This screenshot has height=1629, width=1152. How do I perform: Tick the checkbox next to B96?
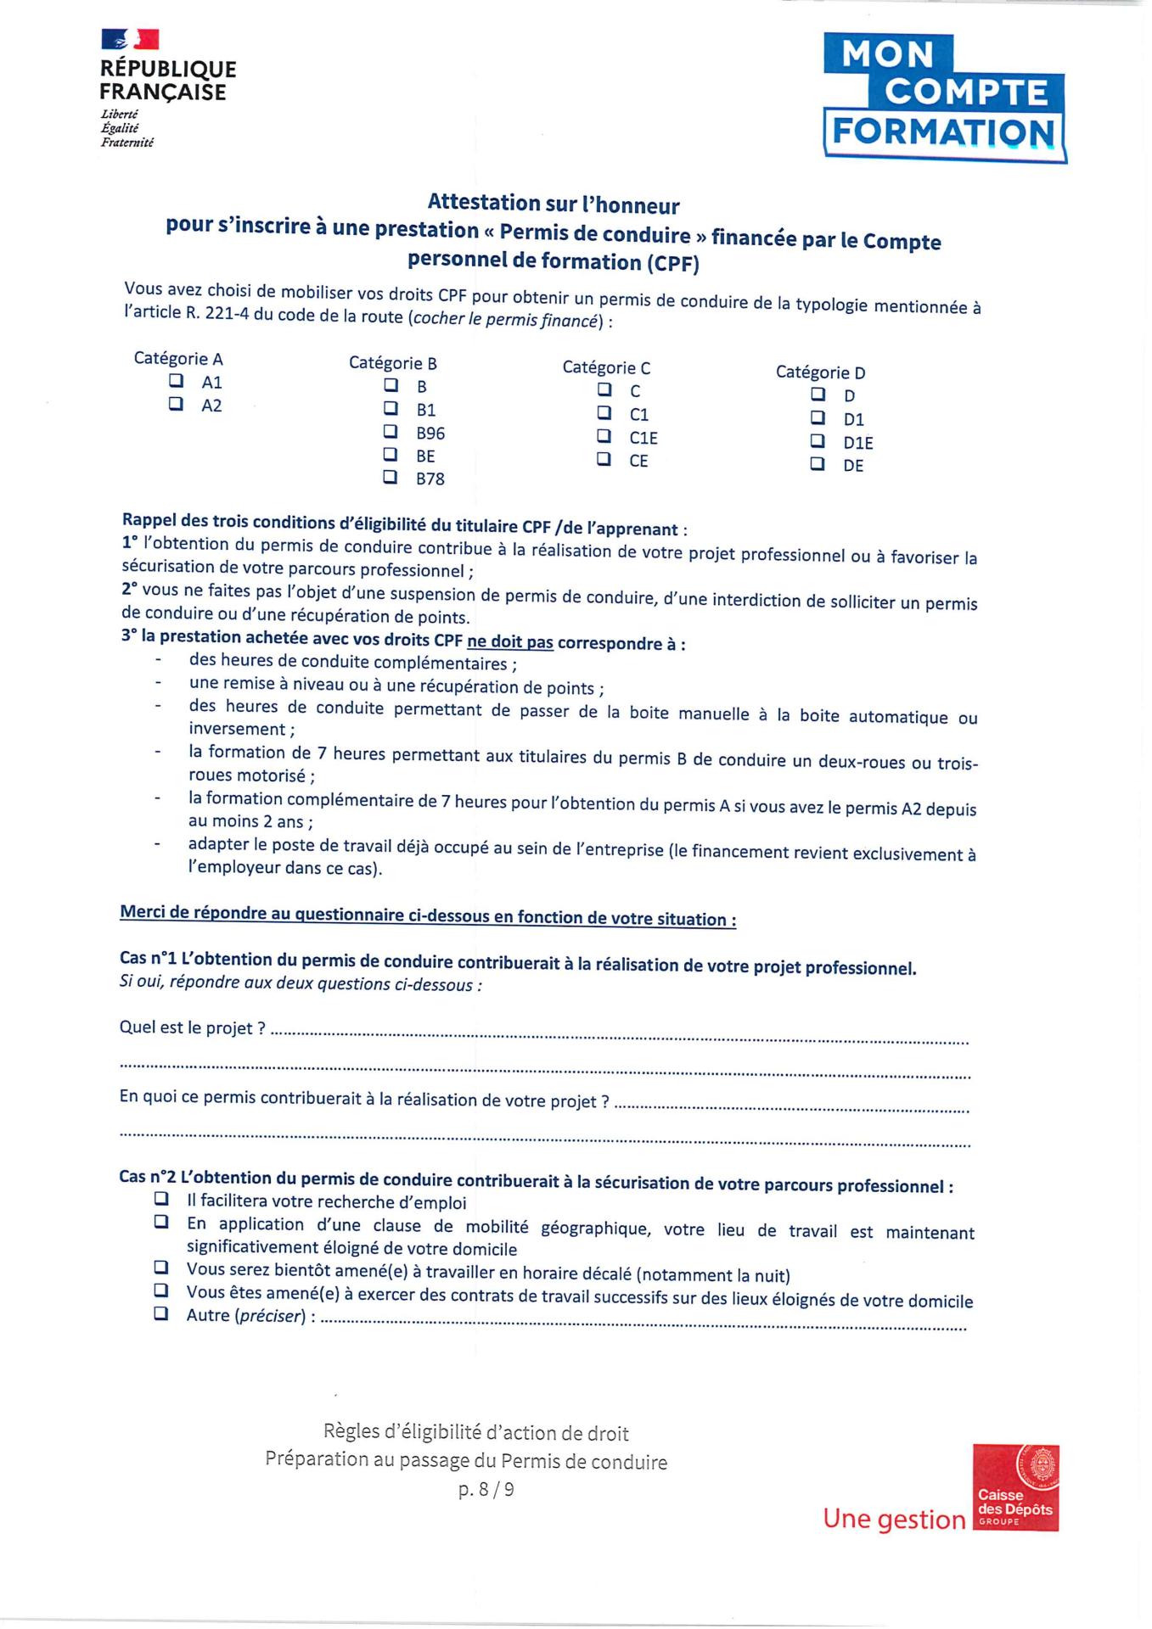pos(391,431)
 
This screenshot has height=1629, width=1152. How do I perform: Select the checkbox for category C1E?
pos(604,436)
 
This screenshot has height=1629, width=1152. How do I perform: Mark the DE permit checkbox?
pos(818,464)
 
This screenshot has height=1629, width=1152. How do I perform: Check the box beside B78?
pos(391,477)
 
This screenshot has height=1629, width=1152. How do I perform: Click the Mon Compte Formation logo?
pos(944,98)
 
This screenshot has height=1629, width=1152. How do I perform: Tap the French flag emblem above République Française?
pos(130,39)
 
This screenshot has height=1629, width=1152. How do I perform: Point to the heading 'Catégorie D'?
pos(820,372)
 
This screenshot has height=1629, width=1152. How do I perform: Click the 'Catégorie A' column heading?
pos(178,359)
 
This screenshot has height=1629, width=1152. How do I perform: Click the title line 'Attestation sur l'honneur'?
pos(554,204)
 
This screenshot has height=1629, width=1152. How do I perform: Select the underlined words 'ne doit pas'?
pos(509,642)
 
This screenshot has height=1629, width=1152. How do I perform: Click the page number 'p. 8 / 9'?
pos(486,1489)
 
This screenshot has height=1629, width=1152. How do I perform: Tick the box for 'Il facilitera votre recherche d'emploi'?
pos(161,1200)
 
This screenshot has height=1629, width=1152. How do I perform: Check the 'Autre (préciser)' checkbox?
pos(161,1314)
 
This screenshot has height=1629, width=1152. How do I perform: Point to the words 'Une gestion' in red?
pos(894,1518)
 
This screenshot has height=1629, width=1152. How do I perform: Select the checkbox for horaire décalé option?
pos(161,1268)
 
